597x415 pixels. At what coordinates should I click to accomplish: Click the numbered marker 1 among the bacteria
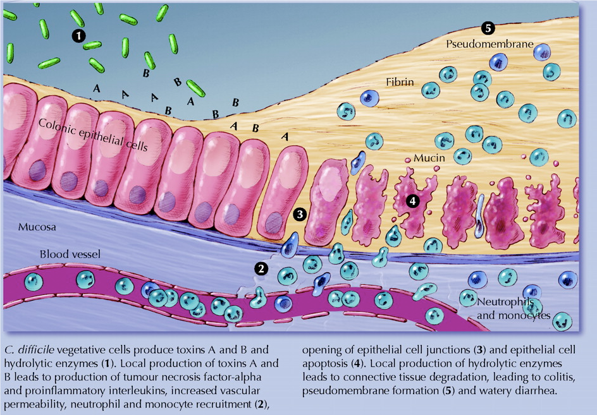pos(78,35)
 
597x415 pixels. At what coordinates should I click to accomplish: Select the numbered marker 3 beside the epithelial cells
pos(301,214)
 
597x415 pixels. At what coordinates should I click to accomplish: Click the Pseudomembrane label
pos(489,45)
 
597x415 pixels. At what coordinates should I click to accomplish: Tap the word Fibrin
pos(400,82)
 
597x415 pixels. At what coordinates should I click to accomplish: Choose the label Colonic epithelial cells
pos(92,135)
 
